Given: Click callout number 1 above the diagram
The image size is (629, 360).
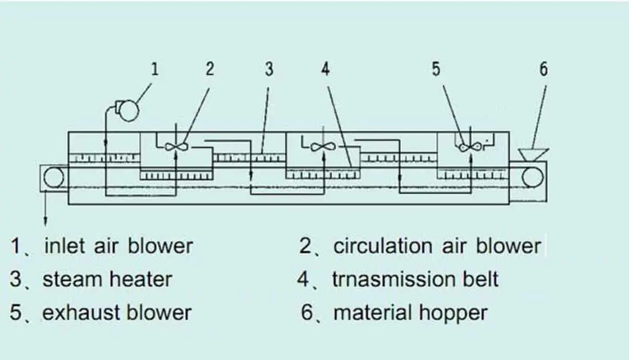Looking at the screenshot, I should [x=154, y=69].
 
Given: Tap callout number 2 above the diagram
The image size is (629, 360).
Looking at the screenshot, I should [x=209, y=69].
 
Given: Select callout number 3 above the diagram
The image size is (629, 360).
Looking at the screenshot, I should [x=269, y=69].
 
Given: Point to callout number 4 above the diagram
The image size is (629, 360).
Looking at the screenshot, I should [x=325, y=69].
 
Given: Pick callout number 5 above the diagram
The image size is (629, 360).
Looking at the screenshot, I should [x=436, y=69].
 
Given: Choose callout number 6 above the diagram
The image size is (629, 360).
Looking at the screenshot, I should [x=543, y=69].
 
